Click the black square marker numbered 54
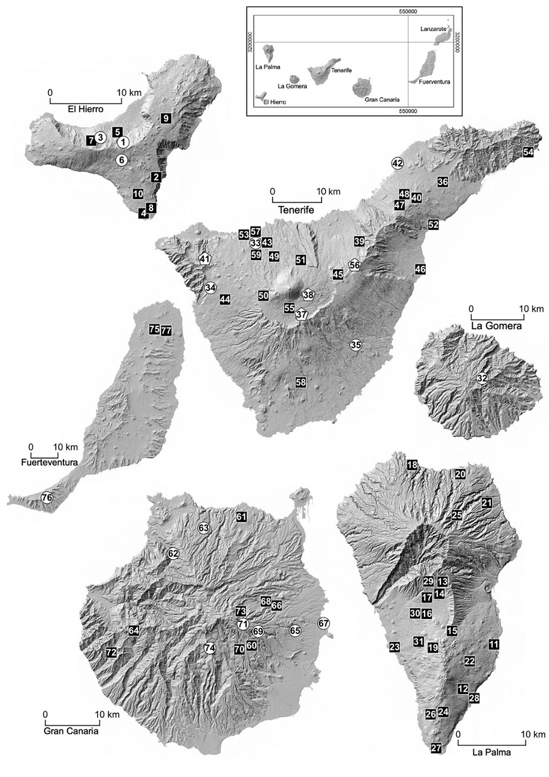click(528, 153)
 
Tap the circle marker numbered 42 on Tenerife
click(398, 163)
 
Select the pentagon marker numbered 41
click(204, 259)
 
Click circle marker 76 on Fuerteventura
click(46, 498)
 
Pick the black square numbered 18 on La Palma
click(412, 466)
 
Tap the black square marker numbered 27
click(436, 748)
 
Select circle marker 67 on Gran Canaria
click(323, 623)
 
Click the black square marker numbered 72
click(111, 652)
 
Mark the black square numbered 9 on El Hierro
click(166, 117)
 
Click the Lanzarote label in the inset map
click(434, 29)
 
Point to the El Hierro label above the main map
click(84, 110)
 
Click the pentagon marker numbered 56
click(354, 264)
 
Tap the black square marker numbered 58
click(300, 382)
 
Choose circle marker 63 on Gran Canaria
click(203, 527)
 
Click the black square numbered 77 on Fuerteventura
click(167, 330)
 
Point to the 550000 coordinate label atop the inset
click(407, 12)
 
